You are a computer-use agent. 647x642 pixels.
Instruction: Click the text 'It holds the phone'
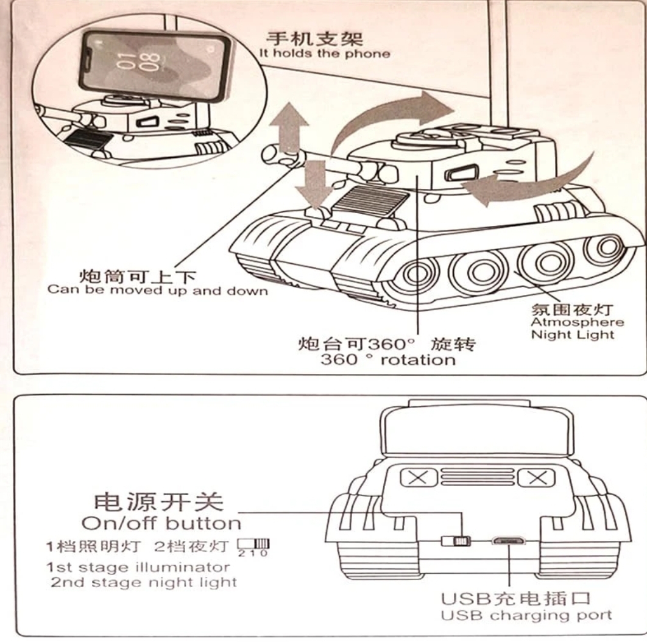click(x=324, y=54)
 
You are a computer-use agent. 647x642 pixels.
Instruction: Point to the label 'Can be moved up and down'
click(x=157, y=290)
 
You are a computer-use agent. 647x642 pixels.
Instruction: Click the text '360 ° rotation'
click(x=387, y=359)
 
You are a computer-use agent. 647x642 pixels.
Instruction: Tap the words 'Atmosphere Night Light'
click(x=568, y=328)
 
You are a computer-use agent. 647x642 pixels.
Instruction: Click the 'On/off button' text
click(x=161, y=523)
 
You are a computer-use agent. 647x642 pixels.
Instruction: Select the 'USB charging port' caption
click(x=526, y=615)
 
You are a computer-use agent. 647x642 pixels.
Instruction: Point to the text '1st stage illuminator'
click(x=139, y=567)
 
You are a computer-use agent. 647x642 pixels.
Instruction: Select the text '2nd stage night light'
click(x=144, y=582)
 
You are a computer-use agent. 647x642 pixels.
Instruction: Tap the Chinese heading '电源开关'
click(x=157, y=502)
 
